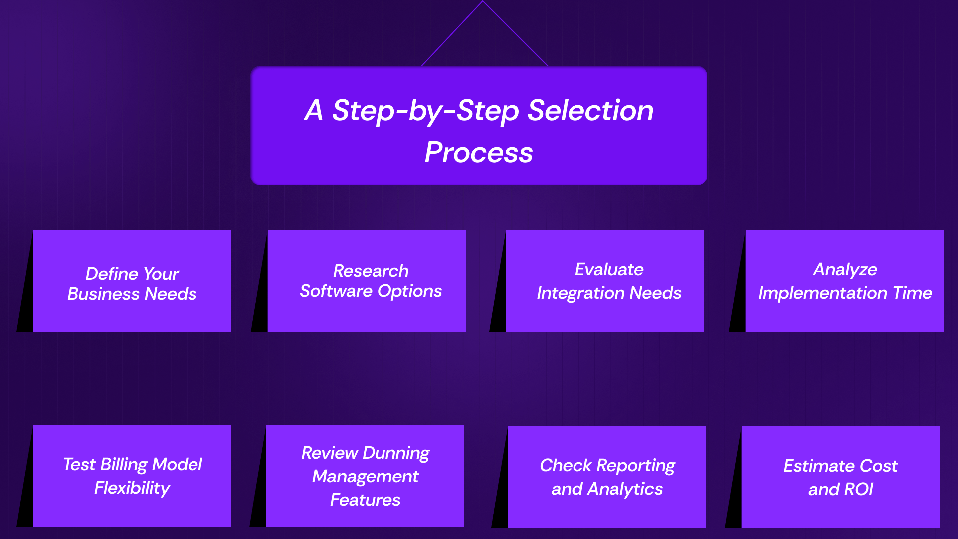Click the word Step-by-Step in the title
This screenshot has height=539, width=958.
(425, 111)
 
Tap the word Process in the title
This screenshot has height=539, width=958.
(479, 152)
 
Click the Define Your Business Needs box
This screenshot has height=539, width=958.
(132, 281)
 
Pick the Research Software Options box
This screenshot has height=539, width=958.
(367, 281)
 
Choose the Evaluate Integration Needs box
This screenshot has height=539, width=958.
(605, 281)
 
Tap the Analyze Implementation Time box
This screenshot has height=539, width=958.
(844, 281)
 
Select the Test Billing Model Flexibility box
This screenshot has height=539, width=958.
(132, 476)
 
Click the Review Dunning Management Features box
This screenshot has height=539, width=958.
(365, 476)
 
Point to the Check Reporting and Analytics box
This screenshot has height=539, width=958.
(607, 477)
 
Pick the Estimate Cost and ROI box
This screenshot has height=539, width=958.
(840, 477)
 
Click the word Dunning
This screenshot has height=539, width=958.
(396, 453)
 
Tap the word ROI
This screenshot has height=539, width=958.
(858, 489)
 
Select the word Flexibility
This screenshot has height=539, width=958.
(132, 488)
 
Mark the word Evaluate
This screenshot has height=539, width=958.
(609, 269)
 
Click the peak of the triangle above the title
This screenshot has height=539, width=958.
(482, 1)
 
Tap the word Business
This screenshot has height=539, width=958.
(103, 294)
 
